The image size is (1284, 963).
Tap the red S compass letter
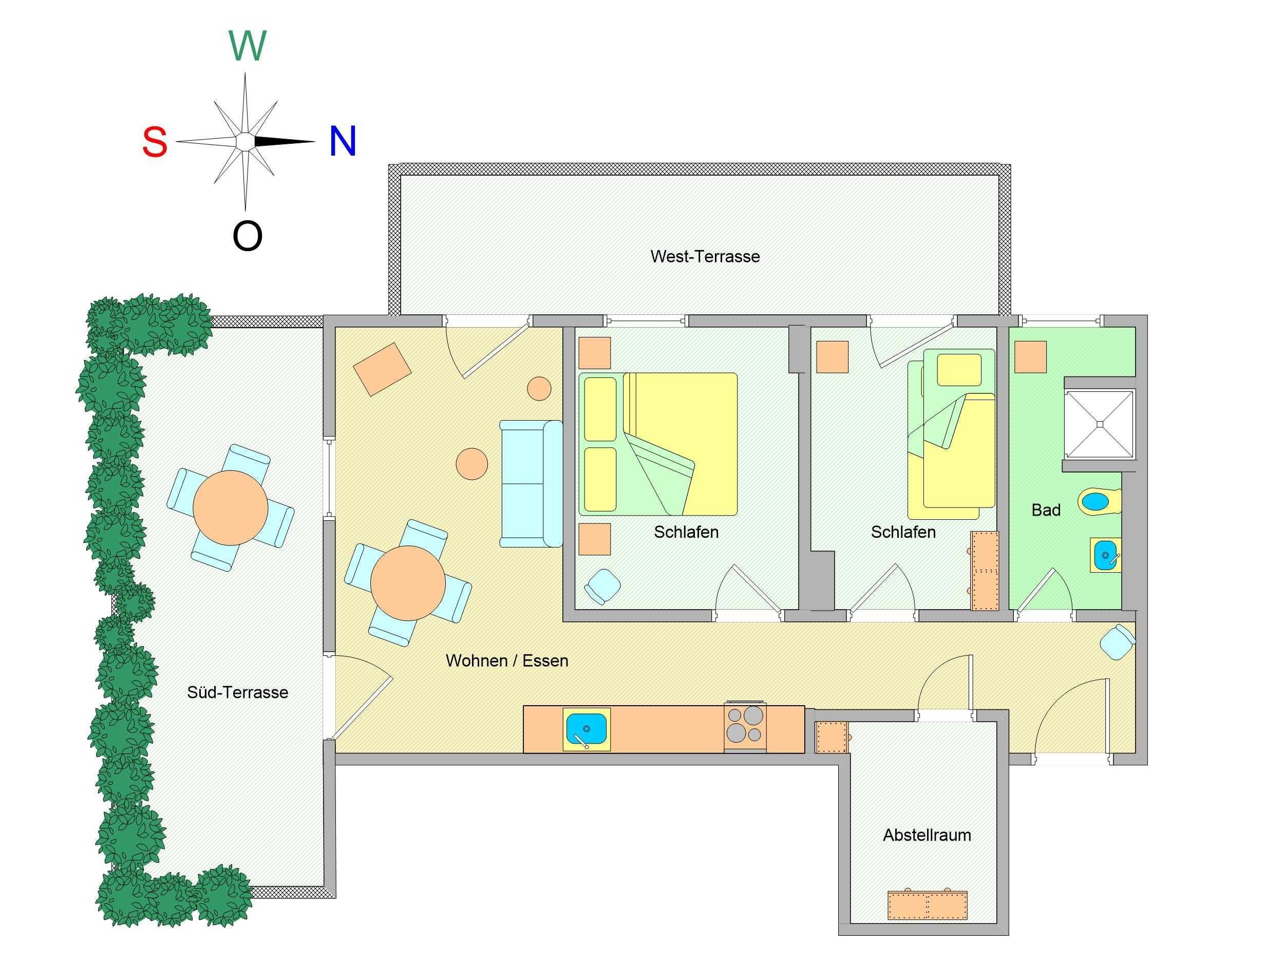(x=155, y=142)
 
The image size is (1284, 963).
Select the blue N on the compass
(x=343, y=142)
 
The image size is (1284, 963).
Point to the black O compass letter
(x=247, y=236)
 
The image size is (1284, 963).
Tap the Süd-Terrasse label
(x=237, y=692)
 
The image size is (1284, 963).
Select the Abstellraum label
(x=927, y=835)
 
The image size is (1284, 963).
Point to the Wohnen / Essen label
(x=507, y=660)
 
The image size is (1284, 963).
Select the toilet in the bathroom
(x=1099, y=501)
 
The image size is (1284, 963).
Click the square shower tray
(x=1099, y=424)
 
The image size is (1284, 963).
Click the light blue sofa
(x=531, y=483)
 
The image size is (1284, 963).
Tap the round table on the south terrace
(x=231, y=508)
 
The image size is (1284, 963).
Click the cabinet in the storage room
(x=927, y=905)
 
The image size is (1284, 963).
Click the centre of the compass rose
(x=246, y=142)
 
